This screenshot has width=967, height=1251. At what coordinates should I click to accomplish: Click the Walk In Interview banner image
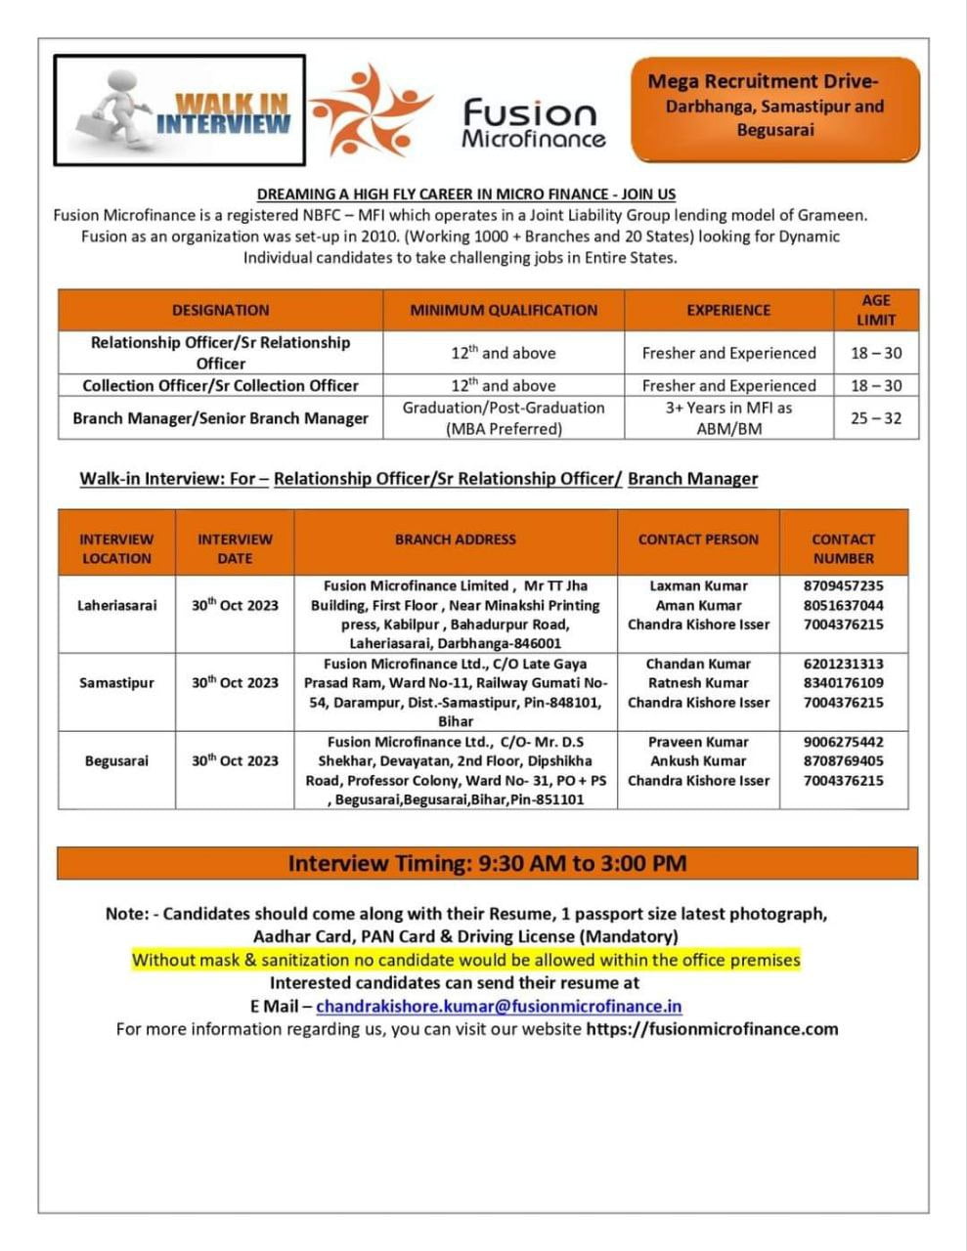click(x=179, y=109)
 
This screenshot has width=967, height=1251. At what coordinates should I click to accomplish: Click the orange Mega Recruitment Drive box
click(x=775, y=108)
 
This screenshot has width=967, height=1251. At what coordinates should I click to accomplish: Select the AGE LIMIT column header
click(x=876, y=310)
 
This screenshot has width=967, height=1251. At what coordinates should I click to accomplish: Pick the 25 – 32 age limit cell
click(x=876, y=418)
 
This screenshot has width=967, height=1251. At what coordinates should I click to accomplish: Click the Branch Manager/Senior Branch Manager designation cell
click(x=220, y=418)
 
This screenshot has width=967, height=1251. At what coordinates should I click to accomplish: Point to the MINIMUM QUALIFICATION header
click(x=504, y=310)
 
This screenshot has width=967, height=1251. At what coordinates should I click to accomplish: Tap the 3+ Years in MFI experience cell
click(x=728, y=418)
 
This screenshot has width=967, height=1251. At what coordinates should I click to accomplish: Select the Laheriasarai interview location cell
click(x=116, y=605)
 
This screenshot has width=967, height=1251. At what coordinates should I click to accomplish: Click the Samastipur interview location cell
click(x=116, y=683)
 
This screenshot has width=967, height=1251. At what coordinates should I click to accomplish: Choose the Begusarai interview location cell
click(x=116, y=761)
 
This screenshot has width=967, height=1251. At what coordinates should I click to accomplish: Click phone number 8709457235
click(x=843, y=586)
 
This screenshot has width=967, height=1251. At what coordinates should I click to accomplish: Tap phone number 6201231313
click(x=843, y=664)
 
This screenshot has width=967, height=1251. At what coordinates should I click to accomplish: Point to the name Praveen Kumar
click(x=698, y=742)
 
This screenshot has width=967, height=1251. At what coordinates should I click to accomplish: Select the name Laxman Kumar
click(x=698, y=586)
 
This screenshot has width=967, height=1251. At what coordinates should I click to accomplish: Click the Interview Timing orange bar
click(x=487, y=864)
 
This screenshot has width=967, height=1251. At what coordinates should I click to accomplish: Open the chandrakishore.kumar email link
click(x=499, y=1006)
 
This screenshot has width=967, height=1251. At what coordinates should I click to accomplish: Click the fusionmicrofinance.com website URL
click(x=712, y=1028)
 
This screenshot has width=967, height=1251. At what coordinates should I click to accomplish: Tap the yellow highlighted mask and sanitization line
click(x=466, y=960)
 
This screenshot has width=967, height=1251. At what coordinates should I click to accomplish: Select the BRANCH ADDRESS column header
click(x=456, y=539)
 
